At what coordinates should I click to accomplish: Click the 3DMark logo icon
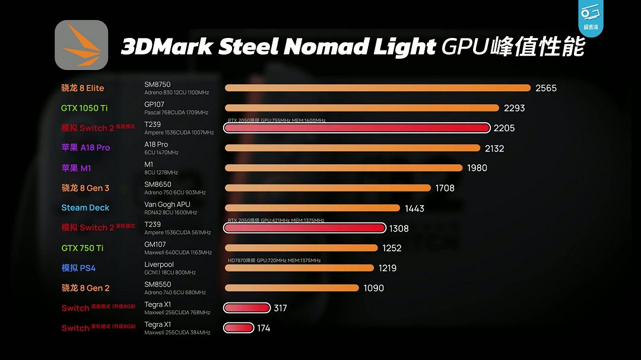(81, 45)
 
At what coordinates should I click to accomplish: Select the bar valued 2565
(377, 88)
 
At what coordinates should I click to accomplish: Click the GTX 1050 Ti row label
(84, 108)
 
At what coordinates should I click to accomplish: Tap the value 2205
(504, 128)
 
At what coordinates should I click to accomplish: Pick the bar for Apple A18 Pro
(353, 148)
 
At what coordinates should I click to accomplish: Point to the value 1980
(477, 168)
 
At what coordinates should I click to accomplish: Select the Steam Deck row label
(85, 208)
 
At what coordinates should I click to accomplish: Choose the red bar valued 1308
(304, 228)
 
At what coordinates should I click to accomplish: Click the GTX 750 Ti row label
(82, 248)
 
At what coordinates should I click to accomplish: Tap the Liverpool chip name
(159, 265)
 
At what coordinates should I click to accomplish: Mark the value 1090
(373, 288)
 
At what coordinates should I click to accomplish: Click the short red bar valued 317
(247, 308)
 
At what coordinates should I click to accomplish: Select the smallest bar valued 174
(239, 328)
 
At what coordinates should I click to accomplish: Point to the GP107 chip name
(154, 104)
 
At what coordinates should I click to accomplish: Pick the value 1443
(414, 208)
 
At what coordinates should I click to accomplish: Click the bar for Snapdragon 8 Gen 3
(328, 188)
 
